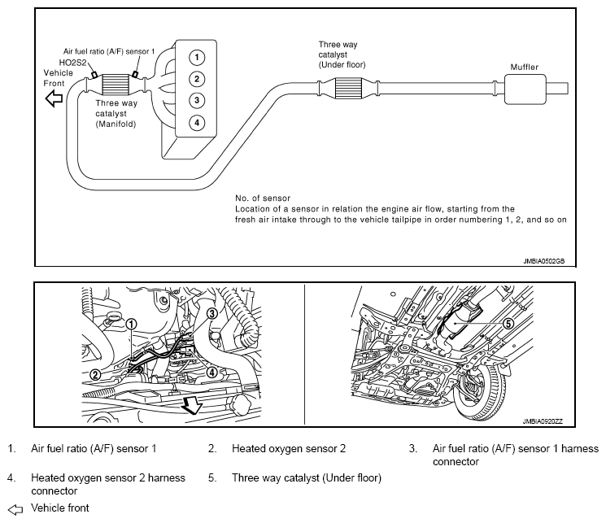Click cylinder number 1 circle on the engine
pos(196,57)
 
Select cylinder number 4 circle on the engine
pos(196,123)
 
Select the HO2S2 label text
pos(73,61)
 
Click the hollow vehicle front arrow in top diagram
pos(54,99)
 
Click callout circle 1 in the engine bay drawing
pos(132,323)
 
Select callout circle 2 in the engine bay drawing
pos(96,375)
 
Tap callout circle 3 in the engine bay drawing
pos(211,313)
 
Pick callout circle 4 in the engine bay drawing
pos(211,373)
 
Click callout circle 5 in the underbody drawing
pos(509,323)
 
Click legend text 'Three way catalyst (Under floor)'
pos(307,477)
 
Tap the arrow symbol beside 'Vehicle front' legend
pos(15,508)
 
